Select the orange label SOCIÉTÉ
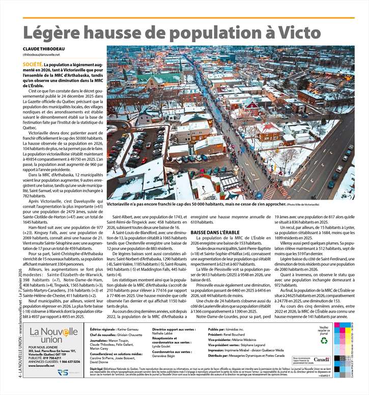pyautogui.click(x=32, y=65)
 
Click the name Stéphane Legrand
pyautogui.click(x=254, y=345)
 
